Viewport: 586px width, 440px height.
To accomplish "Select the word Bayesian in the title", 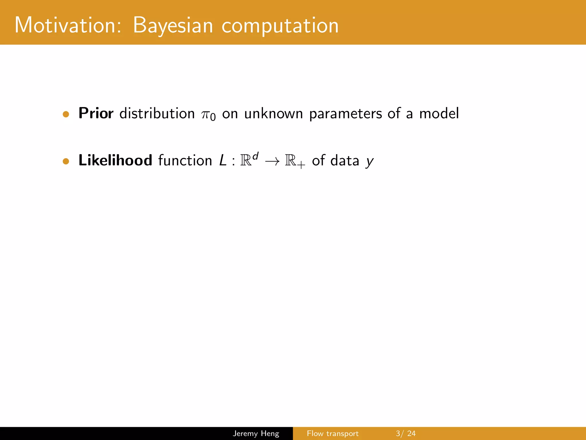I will (173, 26).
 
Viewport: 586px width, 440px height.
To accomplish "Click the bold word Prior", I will (96, 113).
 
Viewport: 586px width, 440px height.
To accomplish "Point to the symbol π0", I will (208, 115).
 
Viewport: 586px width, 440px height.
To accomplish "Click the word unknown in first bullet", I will (274, 113).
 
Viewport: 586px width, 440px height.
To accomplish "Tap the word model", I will (439, 113).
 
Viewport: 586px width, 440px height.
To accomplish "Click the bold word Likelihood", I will (115, 160).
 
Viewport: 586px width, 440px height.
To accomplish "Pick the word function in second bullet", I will (185, 160).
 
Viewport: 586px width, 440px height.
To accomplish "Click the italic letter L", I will (223, 160).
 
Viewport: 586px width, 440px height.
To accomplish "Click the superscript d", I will (256, 156).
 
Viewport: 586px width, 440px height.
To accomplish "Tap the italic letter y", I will (370, 162).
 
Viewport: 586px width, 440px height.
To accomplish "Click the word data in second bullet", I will (345, 160).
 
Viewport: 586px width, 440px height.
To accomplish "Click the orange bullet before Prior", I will (66, 114).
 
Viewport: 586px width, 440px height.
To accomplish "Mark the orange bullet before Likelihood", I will (66, 161).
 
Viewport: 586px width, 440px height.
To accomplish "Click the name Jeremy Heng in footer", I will (256, 433).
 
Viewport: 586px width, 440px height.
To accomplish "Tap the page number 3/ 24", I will (405, 433).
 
